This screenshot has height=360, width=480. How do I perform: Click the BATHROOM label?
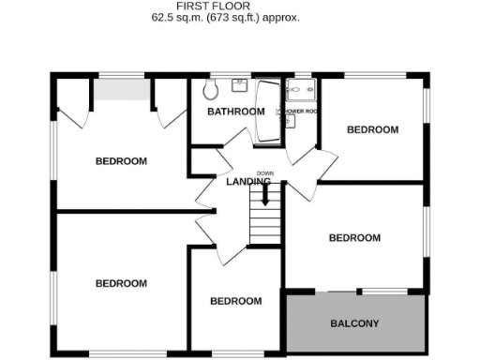tap(235, 112)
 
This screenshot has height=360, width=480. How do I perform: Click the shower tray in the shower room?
tap(303, 90)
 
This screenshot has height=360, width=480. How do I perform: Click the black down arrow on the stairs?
tap(265, 196)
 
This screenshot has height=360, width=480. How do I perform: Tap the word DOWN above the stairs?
tap(265, 173)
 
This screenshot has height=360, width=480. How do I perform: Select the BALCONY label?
tap(354, 324)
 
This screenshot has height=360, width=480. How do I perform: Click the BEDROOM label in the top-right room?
tap(372, 129)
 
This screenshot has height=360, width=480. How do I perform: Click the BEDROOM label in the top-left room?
tap(121, 160)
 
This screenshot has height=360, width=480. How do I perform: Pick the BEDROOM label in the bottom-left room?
tap(121, 282)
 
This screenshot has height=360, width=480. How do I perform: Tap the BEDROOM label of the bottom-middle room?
tap(234, 301)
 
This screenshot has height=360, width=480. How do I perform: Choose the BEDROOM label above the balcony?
tap(354, 237)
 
